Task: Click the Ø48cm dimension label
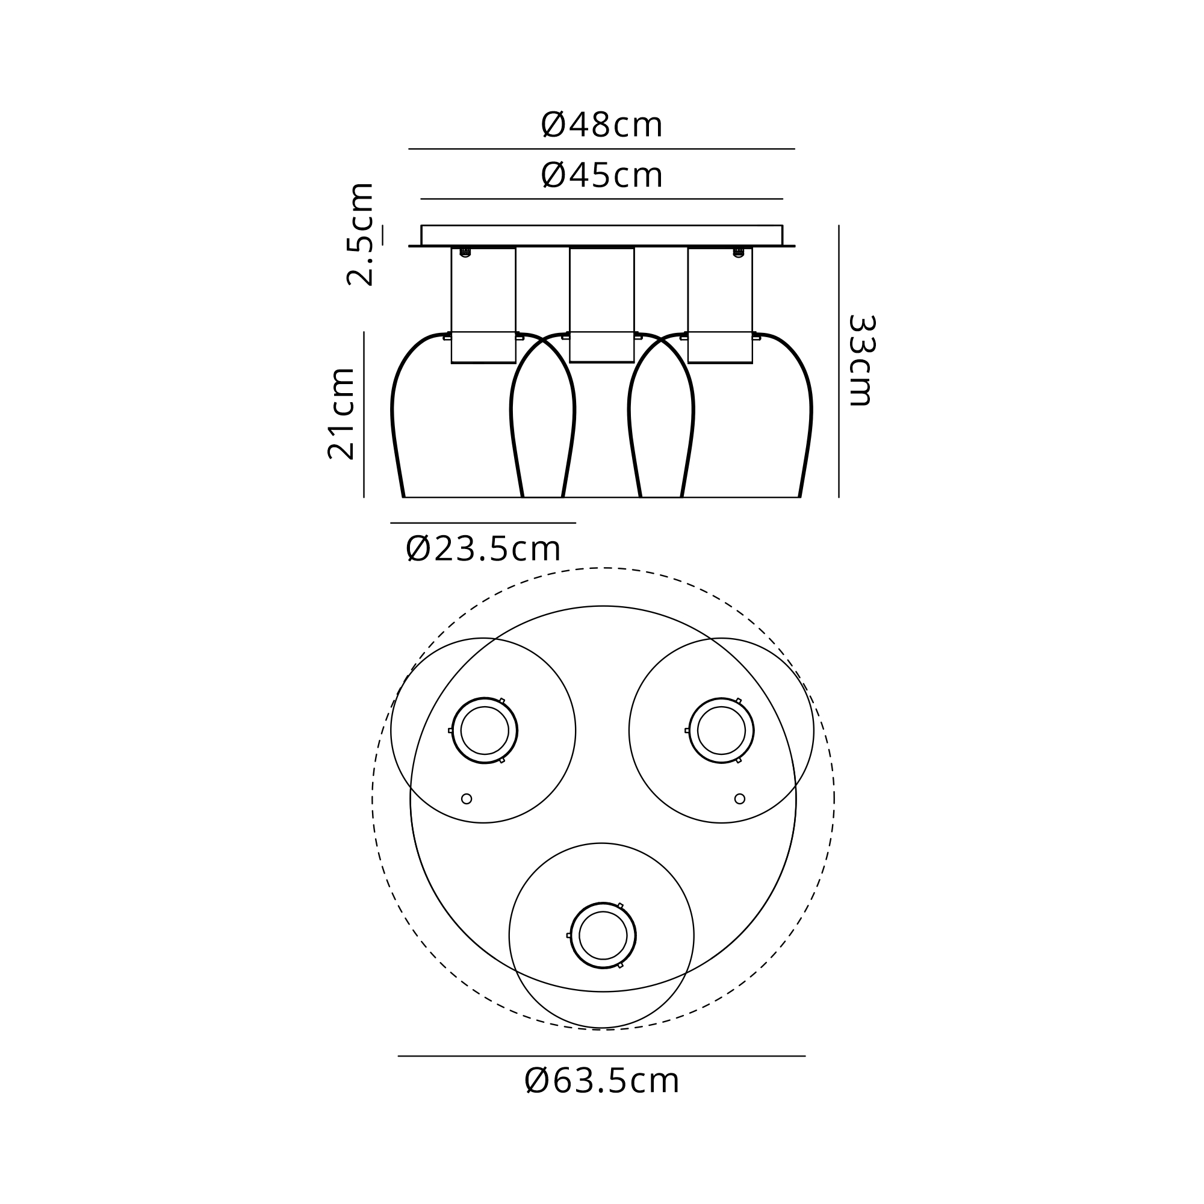601,125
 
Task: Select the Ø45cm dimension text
601,175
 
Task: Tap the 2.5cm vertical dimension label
360,234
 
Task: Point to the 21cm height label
341,414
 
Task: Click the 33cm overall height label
862,361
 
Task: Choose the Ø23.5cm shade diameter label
483,549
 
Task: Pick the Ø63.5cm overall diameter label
601,1081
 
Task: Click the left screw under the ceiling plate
465,252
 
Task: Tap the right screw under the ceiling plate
739,252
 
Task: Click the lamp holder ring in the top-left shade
453,730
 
